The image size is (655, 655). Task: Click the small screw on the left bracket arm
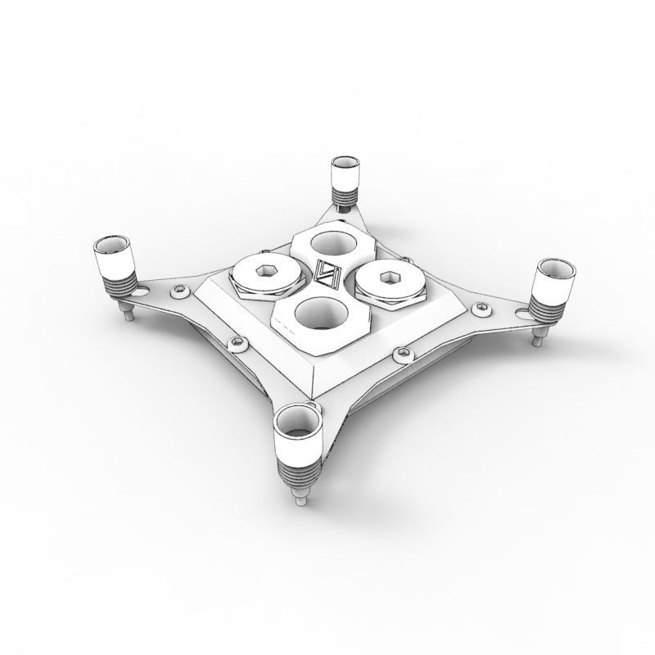(178, 291)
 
